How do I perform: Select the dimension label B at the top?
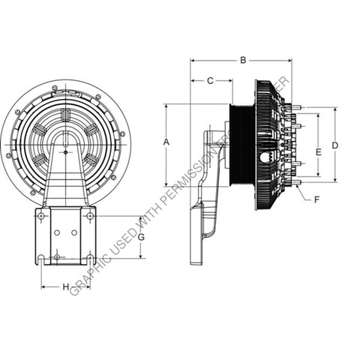pos(242,60)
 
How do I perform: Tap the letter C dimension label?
pos(210,80)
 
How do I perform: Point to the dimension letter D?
pos(335,145)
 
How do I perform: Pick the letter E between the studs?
pos(317,152)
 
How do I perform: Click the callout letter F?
pos(317,200)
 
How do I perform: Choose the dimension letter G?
pos(140,238)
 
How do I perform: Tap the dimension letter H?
pos(65,287)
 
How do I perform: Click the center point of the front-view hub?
pos(66,151)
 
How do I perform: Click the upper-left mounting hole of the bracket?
pos(42,216)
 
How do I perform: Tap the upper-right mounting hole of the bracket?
pos(90,216)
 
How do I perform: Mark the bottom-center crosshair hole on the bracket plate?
pos(57,257)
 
